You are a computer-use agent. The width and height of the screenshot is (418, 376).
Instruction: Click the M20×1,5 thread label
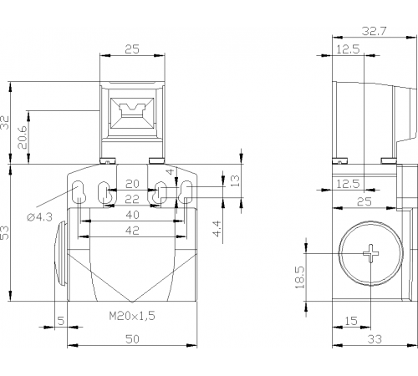[132, 316]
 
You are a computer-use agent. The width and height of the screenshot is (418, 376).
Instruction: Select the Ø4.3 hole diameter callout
[39, 217]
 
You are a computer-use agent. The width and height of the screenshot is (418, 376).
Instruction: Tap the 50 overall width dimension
[132, 339]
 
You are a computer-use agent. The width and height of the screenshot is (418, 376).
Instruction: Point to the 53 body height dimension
[5, 232]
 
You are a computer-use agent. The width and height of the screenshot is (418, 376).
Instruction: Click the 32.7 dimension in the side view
[375, 31]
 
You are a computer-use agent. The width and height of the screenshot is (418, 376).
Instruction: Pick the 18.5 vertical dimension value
[300, 277]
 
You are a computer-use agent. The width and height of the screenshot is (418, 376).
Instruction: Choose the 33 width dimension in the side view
[375, 339]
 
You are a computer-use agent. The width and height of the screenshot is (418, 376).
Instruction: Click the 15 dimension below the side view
[351, 321]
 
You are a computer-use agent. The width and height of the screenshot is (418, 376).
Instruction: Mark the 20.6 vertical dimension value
[23, 137]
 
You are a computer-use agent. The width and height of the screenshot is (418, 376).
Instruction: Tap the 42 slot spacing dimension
[132, 231]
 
